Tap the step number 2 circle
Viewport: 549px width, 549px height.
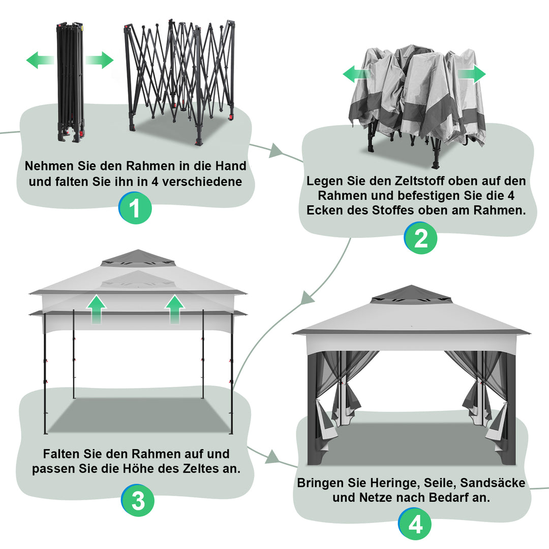[x=421, y=239]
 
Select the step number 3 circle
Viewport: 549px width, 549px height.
[x=138, y=501]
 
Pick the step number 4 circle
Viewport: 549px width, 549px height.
[x=415, y=524]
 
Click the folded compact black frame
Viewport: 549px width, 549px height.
[x=70, y=81]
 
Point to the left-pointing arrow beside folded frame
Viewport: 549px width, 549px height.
[x=40, y=60]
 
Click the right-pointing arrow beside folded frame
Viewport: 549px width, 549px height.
[x=100, y=60]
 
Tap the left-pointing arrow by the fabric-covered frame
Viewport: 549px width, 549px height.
[x=356, y=74]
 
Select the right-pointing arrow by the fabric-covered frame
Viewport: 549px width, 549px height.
[x=472, y=74]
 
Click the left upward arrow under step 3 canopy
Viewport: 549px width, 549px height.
[x=96, y=309]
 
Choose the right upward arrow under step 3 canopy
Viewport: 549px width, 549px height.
[x=175, y=309]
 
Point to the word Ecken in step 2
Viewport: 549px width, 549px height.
[x=322, y=210]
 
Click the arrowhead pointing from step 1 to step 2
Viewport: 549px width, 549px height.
[x=276, y=150]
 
